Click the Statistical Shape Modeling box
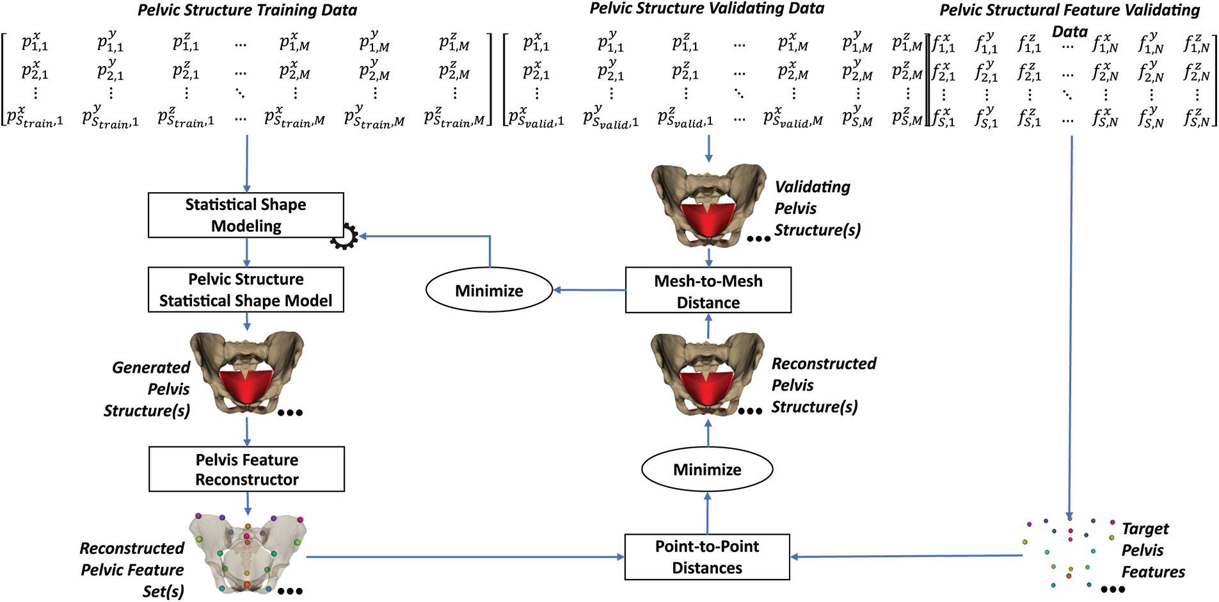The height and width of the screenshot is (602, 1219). (246, 215)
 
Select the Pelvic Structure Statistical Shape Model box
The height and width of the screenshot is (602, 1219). (246, 289)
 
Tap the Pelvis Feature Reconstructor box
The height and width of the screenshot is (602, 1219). (246, 469)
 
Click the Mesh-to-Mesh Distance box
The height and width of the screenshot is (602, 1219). (708, 291)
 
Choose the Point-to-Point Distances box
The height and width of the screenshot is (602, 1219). (707, 557)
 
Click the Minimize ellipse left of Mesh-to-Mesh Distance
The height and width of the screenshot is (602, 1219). (489, 291)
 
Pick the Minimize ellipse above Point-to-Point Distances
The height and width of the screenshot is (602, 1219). (707, 469)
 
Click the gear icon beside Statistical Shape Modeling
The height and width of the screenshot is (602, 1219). (344, 236)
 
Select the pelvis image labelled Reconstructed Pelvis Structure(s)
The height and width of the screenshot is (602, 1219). (707, 374)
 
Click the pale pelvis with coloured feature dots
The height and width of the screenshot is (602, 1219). (248, 552)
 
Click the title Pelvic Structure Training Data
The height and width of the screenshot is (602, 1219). (248, 10)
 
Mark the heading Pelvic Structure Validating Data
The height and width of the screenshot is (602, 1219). (706, 8)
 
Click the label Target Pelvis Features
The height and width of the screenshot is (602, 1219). (1152, 551)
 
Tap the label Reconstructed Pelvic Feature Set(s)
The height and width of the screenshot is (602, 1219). (132, 569)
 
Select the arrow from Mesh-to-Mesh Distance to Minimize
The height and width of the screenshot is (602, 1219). (589, 290)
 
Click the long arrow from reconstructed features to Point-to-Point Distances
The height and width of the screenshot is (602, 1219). (465, 557)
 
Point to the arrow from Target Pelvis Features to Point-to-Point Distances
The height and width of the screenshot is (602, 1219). (905, 557)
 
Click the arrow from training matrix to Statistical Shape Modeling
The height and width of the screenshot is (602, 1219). (247, 163)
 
